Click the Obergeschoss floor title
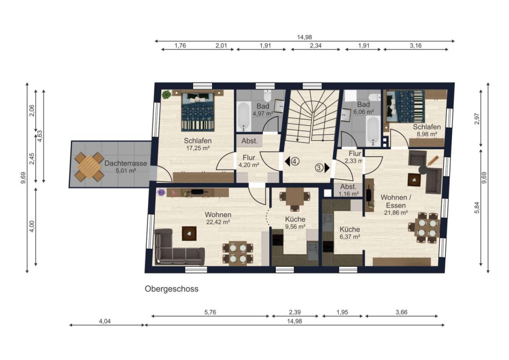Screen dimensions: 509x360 172,289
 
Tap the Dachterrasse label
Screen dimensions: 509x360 126,163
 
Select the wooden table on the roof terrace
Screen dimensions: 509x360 89,167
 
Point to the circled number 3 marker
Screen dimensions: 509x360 319,168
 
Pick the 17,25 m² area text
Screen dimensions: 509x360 198,148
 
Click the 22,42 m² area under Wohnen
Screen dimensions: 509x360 218,222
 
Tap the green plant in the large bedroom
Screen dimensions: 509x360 166,94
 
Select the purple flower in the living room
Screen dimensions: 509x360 161,192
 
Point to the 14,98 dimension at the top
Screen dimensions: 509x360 305,37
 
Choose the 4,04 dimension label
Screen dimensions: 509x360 105,321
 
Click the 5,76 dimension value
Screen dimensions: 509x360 210,312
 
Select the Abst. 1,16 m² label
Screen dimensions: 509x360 348,190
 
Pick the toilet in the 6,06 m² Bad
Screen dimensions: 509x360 375,97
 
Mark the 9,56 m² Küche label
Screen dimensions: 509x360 295,223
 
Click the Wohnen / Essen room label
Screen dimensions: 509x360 396,202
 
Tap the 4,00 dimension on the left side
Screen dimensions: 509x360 32,226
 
